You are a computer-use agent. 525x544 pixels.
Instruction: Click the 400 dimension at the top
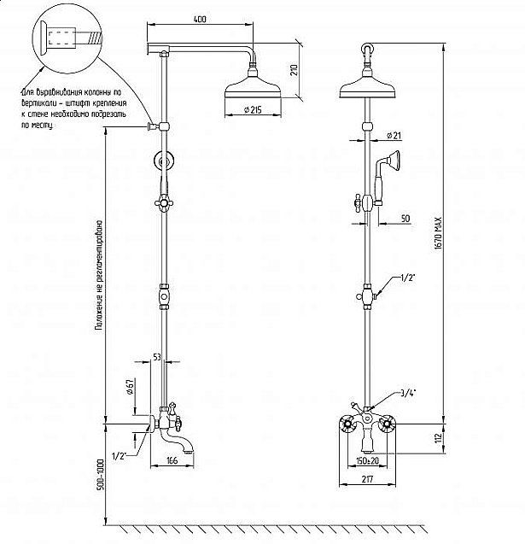[200, 19]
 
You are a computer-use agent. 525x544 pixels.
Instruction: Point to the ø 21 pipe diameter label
[394, 135]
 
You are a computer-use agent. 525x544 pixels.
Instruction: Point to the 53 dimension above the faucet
[156, 355]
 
